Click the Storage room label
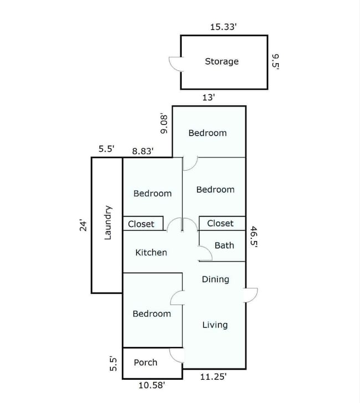tap(222, 62)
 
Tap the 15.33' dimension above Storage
tap(223, 27)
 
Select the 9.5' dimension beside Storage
tap(275, 62)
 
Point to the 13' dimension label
tap(208, 98)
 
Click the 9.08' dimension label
tap(164, 124)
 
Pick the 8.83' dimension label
tap(143, 151)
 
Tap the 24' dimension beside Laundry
tap(84, 225)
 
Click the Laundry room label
tap(108, 223)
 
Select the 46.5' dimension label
tap(254, 237)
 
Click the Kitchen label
tap(151, 252)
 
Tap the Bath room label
tap(224, 246)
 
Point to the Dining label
tap(215, 279)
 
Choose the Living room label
tap(215, 325)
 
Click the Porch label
tap(145, 363)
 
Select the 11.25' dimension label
tap(213, 377)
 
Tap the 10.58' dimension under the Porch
tap(152, 385)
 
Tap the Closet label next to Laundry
tap(141, 224)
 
